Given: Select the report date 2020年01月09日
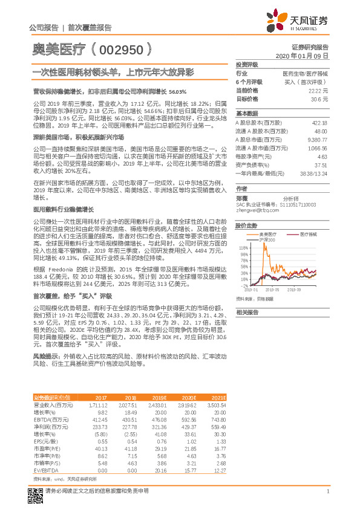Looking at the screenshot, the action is tap(305, 56).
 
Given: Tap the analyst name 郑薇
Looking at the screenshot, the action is tap(243, 198).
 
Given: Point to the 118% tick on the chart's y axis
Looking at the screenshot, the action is tap(243, 247).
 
